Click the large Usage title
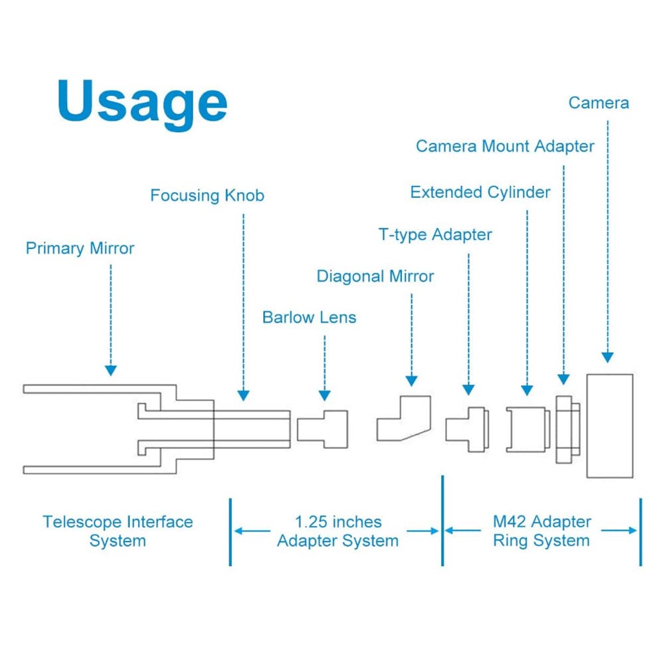tap(142, 102)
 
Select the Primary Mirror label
tap(80, 248)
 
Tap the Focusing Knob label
tap(207, 195)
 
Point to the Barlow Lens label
tap(309, 317)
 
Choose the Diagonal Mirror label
tap(375, 276)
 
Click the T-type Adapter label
tap(435, 235)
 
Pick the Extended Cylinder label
tap(480, 193)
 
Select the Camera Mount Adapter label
tap(505, 145)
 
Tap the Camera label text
tap(599, 103)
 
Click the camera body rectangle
tap(609, 425)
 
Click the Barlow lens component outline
tap(323, 428)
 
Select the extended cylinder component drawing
tap(527, 428)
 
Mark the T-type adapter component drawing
tap(467, 428)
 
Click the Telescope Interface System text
tap(118, 531)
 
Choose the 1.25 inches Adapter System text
tap(337, 531)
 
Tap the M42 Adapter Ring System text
tap(541, 531)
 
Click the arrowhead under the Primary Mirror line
tap(110, 370)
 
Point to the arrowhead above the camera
tap(607, 357)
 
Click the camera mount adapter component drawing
tap(566, 429)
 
